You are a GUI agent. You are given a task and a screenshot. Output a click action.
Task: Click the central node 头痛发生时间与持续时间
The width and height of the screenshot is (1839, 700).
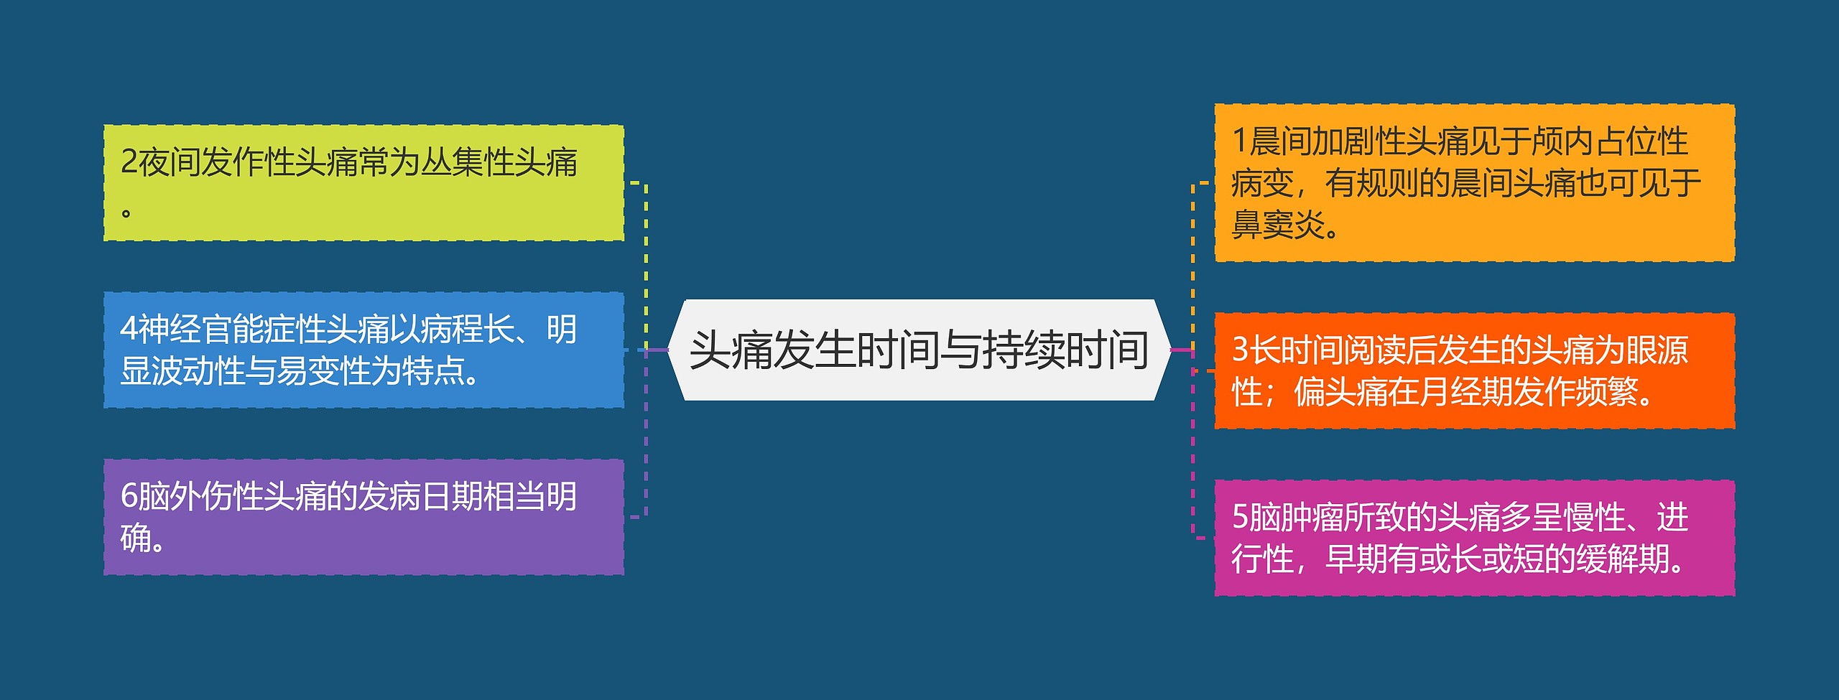click(919, 350)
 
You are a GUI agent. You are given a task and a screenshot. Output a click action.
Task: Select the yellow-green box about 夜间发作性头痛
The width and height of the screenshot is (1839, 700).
click(363, 183)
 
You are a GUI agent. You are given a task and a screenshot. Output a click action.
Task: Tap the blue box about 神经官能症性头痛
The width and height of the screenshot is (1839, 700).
click(363, 350)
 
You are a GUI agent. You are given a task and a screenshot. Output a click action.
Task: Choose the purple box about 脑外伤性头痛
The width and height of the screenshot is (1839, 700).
click(363, 517)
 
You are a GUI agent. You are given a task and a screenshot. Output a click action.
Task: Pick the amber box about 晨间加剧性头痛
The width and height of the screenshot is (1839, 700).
click(1474, 183)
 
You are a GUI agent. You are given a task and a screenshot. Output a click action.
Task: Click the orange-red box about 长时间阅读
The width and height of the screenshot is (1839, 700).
click(1474, 371)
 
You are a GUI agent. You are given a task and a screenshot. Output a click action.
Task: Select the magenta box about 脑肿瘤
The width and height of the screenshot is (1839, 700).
click(1474, 538)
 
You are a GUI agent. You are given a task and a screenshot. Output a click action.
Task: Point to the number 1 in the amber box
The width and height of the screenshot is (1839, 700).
click(1239, 141)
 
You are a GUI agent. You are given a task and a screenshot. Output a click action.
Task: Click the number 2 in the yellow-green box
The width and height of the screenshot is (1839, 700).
click(129, 162)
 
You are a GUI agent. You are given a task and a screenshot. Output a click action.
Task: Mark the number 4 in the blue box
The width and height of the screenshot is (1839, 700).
click(129, 330)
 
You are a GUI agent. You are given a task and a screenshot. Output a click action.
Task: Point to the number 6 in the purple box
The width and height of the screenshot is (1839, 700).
click(129, 497)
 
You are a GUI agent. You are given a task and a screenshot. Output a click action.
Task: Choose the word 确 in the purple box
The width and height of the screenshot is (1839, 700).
click(136, 538)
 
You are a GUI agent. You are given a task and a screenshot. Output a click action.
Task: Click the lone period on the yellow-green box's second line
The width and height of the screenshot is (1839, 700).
click(126, 213)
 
